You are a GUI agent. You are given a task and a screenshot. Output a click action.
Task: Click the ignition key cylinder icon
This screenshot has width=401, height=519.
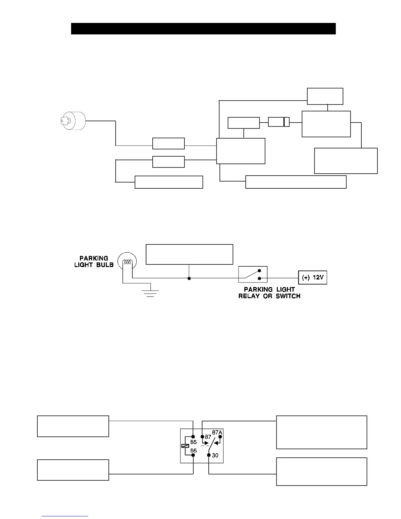click(73, 121)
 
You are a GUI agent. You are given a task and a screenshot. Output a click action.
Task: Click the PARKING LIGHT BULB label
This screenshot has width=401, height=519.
click(94, 261)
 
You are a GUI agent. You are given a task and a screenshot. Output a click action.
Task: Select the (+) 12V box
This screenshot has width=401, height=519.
click(313, 278)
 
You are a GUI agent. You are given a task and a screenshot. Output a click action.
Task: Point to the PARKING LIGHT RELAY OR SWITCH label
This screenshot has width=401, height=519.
click(269, 293)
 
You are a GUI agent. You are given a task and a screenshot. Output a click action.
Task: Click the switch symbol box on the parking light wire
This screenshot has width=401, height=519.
click(253, 275)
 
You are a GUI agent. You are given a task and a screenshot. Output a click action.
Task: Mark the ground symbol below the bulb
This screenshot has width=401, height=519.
click(150, 293)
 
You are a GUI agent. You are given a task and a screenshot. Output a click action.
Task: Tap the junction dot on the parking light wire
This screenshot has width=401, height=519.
click(189, 279)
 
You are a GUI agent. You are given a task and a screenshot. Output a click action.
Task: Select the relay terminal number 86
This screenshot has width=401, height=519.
click(194, 451)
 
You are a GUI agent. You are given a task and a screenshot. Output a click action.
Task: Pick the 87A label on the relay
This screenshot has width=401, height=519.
click(217, 432)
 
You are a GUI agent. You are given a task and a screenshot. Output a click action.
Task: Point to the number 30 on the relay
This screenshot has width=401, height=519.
click(215, 455)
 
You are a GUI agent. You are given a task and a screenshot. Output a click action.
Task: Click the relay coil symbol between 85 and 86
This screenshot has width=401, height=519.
click(185, 446)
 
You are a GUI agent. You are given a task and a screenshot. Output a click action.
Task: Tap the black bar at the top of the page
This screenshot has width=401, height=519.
click(203, 29)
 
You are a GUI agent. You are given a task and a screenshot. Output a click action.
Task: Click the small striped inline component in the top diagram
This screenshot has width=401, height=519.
click(279, 122)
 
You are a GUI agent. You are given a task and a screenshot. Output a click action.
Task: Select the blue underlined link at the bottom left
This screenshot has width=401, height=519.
click(65, 516)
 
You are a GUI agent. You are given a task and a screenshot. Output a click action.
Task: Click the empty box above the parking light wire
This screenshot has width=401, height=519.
click(189, 254)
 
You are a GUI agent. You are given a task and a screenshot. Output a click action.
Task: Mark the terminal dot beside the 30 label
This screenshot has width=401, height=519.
click(209, 455)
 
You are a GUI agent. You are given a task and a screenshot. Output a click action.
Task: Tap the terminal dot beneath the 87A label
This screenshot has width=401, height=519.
click(220, 437)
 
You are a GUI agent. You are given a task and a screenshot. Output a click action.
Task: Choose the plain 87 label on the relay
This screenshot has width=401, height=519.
click(208, 437)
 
